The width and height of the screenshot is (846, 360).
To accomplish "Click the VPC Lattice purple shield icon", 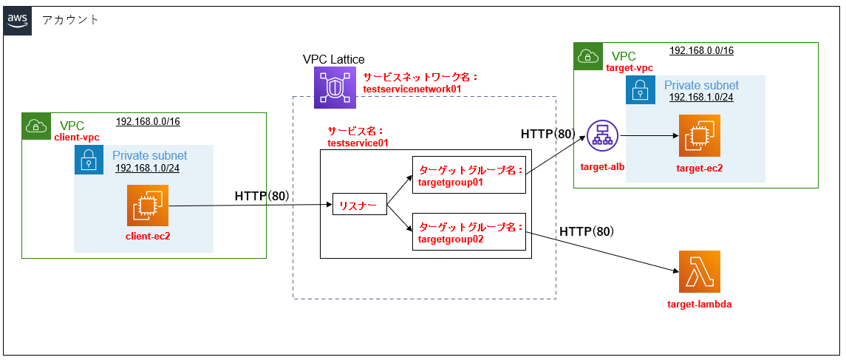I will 335,86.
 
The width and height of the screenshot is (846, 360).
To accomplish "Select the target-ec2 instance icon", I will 700,136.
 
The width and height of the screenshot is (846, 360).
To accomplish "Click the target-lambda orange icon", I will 699,272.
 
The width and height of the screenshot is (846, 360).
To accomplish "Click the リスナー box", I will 359,204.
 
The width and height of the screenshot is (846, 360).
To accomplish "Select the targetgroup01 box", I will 468,174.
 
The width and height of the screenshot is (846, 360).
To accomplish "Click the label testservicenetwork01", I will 412,89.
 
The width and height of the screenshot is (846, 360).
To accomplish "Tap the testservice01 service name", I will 358,143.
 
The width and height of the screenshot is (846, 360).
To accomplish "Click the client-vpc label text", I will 77,137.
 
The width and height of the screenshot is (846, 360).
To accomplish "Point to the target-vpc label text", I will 629,68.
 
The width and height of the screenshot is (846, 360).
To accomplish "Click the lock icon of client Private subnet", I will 89,160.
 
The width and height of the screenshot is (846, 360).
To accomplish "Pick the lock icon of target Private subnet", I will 640,89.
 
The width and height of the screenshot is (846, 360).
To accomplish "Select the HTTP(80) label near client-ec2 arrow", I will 262,196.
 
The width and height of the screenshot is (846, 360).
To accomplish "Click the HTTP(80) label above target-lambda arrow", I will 586,231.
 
